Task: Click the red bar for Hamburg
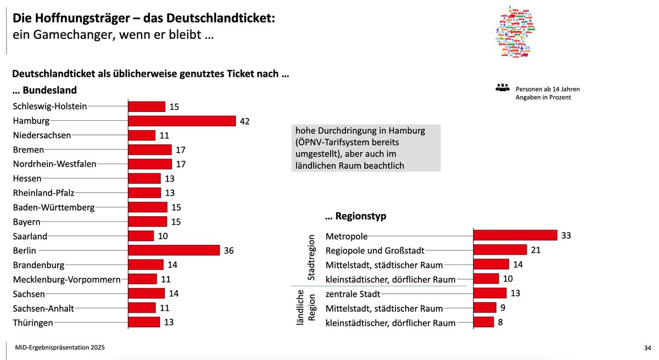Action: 182,121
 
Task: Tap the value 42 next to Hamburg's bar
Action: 245,121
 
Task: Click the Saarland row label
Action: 30,236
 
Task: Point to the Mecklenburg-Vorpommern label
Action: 66,279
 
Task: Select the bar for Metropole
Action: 515,235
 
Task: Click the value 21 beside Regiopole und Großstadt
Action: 536,250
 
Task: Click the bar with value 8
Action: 484,322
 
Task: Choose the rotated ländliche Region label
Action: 306,308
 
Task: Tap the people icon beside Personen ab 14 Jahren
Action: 502,88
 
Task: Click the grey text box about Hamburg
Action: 366,148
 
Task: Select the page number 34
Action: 646,348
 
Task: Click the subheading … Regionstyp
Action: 356,216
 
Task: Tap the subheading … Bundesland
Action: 44,90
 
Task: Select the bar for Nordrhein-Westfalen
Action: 150,164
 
